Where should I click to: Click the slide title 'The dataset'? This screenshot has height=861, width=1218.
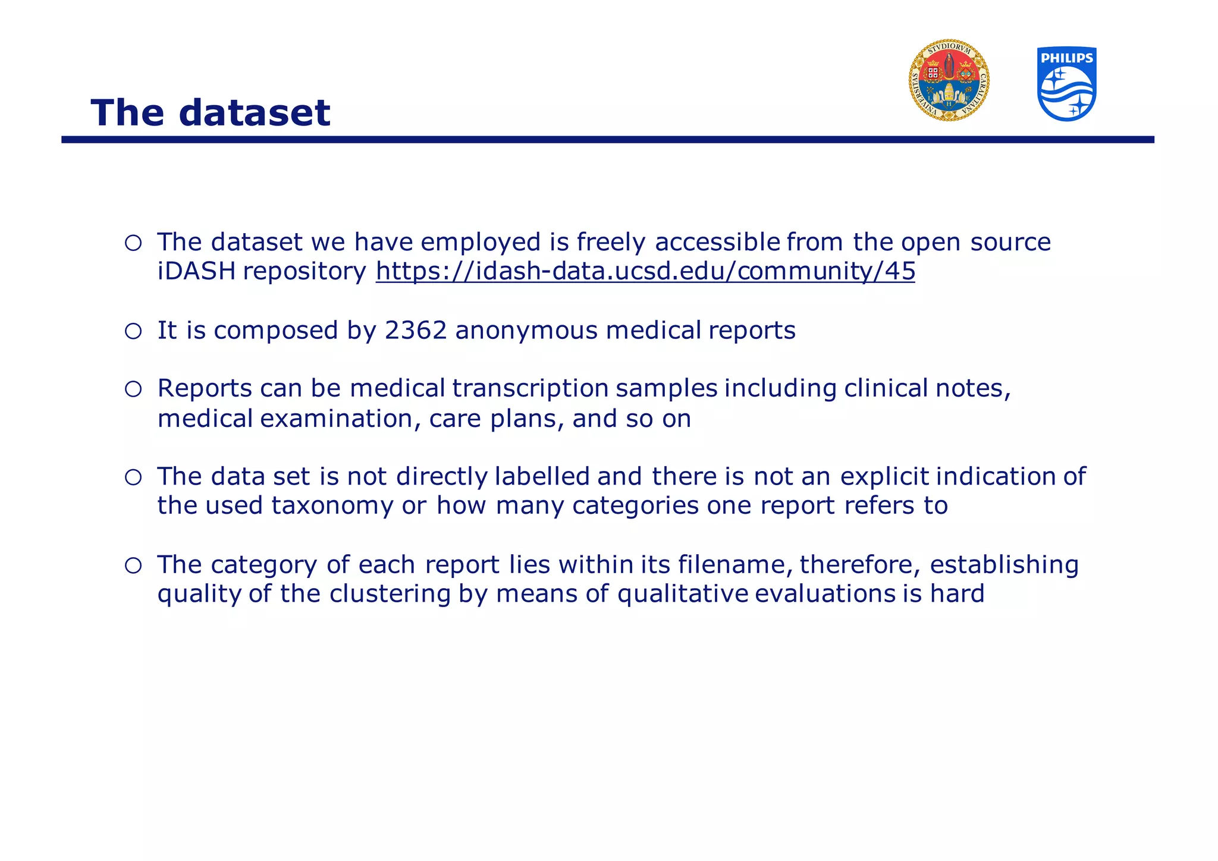[210, 112]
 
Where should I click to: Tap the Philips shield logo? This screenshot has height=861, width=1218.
[1066, 84]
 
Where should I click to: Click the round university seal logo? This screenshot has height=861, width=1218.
[949, 81]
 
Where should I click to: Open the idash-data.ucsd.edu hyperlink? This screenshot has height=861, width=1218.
[645, 271]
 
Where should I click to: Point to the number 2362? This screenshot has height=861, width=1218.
[415, 331]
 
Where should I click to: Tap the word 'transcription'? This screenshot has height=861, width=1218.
[530, 388]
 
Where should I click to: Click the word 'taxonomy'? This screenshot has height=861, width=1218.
[332, 505]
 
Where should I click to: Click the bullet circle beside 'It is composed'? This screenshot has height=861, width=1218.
[133, 331]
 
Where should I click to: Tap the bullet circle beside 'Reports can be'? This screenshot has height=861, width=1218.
[133, 389]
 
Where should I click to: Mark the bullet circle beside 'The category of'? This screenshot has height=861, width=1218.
[133, 565]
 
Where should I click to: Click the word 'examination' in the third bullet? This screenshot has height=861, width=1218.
[337, 419]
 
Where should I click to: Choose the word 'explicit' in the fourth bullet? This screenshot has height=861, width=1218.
[884, 476]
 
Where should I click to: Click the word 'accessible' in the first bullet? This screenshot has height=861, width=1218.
[717, 242]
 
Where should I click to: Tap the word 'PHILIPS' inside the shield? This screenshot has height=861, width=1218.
[1067, 58]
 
